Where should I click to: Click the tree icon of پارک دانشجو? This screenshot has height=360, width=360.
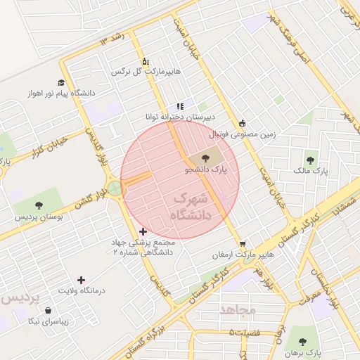point(205,158)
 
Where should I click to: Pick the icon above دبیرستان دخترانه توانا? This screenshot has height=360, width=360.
point(180,106)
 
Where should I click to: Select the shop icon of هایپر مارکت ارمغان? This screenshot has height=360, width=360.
point(243,243)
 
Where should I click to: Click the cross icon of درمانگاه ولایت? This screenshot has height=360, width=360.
point(81,280)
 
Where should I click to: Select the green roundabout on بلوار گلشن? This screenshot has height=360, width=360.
point(114,188)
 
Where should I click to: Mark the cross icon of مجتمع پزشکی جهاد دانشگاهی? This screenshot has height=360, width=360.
point(143,231)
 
